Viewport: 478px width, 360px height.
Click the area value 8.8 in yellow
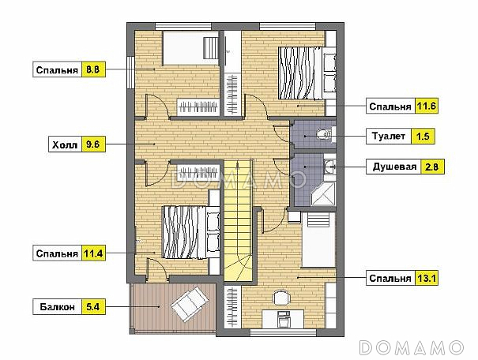93,69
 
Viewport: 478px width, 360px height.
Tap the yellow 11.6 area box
427,107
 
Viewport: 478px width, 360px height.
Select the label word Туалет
389,136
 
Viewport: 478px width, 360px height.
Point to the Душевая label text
394,167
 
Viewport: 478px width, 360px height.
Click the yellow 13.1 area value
427,278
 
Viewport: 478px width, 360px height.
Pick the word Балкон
58,306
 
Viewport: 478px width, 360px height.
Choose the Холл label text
65,144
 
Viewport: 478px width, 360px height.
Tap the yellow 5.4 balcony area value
93,306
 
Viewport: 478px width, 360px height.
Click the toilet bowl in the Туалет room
325,133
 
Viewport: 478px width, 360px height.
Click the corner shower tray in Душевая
323,193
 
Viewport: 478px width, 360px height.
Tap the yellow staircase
238,220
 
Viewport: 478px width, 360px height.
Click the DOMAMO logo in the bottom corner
412,347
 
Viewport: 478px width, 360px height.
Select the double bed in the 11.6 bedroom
300,73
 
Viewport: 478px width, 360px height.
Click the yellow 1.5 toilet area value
423,136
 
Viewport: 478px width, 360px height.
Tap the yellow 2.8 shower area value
432,167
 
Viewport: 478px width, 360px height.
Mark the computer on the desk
284,319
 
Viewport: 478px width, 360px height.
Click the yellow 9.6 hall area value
93,144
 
